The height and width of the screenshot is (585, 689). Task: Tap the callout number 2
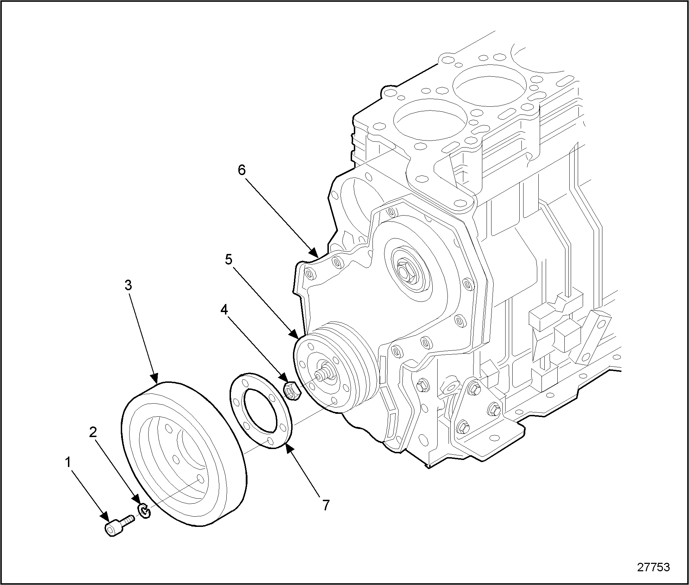coord(93,432)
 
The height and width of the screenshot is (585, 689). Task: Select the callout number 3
coord(128,285)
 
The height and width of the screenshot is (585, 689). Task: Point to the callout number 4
coord(224,310)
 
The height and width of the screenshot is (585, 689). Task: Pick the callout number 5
coord(228,260)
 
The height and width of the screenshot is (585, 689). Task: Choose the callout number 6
coord(242,170)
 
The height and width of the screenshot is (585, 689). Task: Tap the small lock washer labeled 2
coord(144,511)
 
